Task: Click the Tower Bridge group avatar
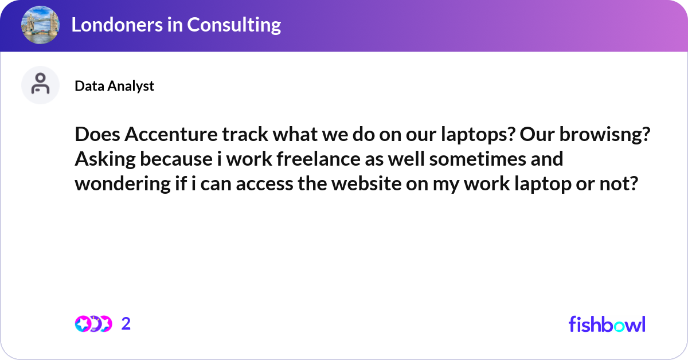pos(40,25)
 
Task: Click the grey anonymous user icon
pos(40,85)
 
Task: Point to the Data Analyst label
pos(114,86)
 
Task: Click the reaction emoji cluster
pos(93,324)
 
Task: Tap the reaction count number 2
pos(126,324)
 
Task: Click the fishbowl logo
pos(607,324)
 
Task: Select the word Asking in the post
pos(101,159)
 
